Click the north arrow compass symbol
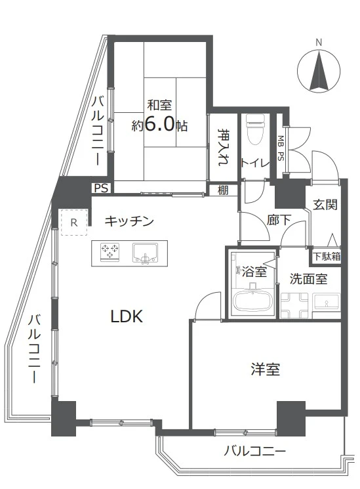click(319, 70)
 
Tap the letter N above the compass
click(319, 43)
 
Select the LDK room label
click(127, 316)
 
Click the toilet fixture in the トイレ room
click(255, 130)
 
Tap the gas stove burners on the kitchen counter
click(110, 251)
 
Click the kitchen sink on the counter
click(144, 253)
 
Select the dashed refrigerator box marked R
click(74, 223)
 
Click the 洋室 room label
click(266, 369)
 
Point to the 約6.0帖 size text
click(159, 125)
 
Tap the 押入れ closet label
click(224, 147)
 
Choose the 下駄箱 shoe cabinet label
click(327, 257)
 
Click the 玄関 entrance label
click(325, 205)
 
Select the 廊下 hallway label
click(279, 220)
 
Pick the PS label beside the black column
click(101, 188)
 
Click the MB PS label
click(281, 148)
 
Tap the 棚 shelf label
click(223, 190)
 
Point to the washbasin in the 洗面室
click(326, 301)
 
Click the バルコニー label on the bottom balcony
click(254, 452)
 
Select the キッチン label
click(129, 221)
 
